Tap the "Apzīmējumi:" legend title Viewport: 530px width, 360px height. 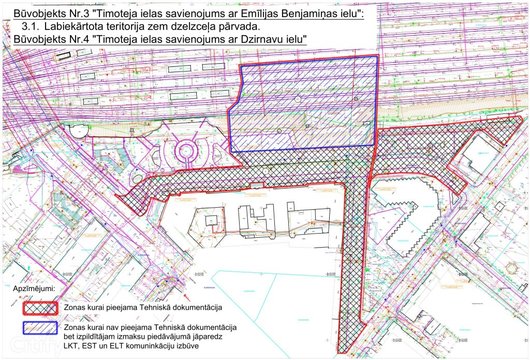(x=36, y=288)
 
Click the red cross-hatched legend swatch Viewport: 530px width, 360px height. (x=40, y=308)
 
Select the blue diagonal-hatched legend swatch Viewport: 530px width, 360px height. (x=40, y=328)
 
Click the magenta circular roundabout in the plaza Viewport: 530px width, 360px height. (x=184, y=151)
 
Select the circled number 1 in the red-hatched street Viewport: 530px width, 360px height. (x=266, y=171)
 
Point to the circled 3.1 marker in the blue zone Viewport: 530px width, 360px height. (x=298, y=98)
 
